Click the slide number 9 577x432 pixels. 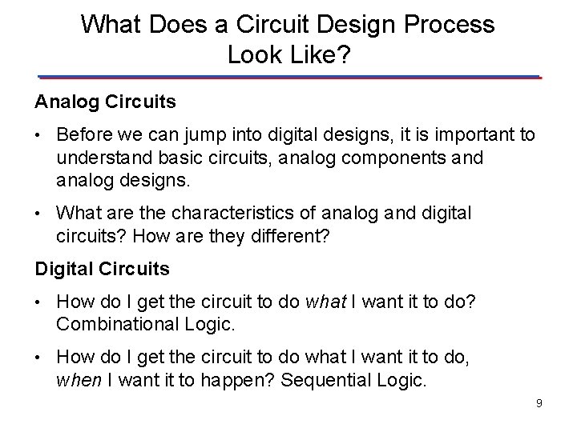pyautogui.click(x=539, y=402)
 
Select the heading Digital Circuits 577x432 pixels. pyautogui.click(x=102, y=269)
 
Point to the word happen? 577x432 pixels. pyautogui.click(x=232, y=380)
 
